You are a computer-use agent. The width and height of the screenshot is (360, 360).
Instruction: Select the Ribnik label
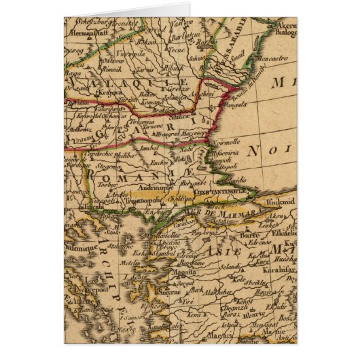click(174, 69)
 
